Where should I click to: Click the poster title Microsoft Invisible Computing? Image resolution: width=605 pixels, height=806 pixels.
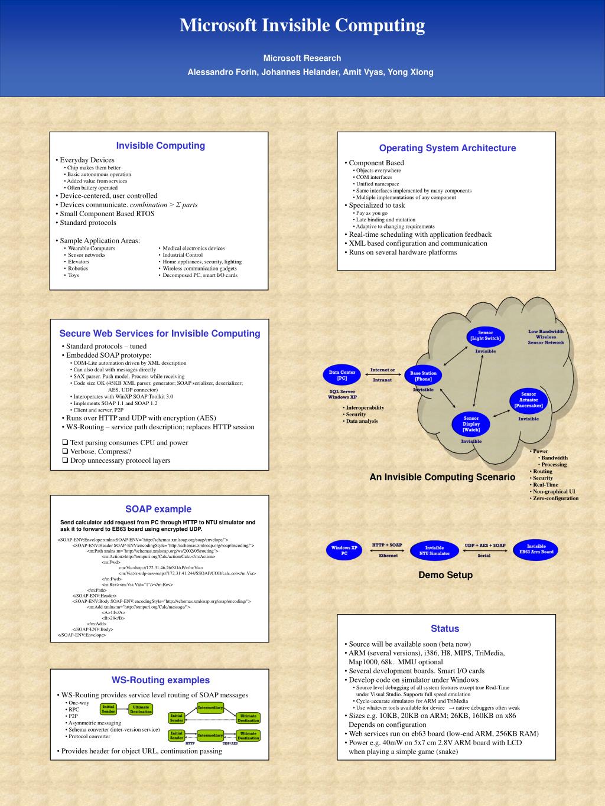pos(302,25)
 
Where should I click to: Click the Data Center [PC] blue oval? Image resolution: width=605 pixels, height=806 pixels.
pos(342,375)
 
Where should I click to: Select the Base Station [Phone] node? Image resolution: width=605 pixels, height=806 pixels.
pos(423,376)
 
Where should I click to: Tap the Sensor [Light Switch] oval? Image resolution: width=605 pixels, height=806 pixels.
pos(485,335)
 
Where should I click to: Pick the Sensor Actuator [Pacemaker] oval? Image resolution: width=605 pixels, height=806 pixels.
pos(528,400)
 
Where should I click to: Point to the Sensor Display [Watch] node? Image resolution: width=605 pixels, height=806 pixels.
pos(471,424)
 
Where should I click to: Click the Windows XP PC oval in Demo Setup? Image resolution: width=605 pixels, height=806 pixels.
pos(344,550)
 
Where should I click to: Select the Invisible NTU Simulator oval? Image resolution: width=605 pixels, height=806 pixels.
pos(434,550)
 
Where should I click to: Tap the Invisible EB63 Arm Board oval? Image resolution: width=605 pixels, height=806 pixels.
pos(536,549)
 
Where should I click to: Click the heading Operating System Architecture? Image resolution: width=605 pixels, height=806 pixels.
pos(447,148)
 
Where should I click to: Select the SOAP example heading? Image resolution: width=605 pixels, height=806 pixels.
pos(158,509)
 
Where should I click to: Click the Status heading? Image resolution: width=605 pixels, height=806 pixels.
pos(445,629)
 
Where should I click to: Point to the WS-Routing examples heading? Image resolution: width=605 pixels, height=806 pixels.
pos(161,680)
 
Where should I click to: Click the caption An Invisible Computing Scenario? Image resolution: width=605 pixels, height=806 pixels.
pos(443,477)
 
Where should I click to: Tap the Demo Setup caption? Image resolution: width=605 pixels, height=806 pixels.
pos(445,575)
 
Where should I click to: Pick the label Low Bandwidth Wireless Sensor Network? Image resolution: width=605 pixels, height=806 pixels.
pos(546,337)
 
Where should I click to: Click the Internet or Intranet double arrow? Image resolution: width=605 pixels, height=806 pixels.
pos(382,375)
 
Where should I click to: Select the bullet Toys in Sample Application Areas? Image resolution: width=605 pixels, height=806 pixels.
pos(73,275)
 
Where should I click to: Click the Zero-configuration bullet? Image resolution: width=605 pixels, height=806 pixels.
pos(555,498)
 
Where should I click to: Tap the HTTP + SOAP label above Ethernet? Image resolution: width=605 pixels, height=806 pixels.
pos(387,545)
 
